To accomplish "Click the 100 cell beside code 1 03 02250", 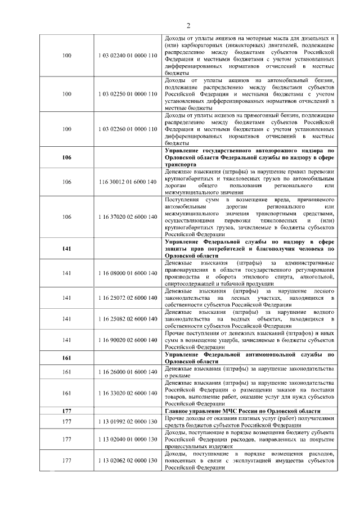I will click(x=67, y=92).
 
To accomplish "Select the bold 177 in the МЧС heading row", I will click(x=67, y=411).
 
